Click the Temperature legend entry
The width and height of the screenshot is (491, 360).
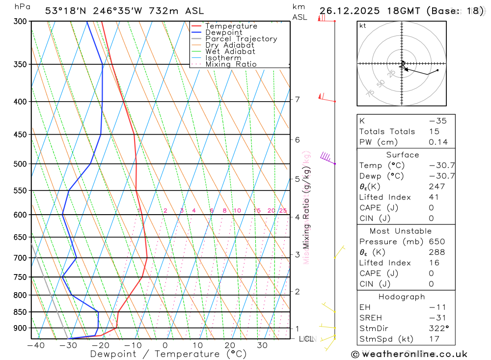tap(231, 26)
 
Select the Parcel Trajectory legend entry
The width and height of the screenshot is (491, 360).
tap(241, 39)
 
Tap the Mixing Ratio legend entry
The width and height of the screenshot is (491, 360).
tap(231, 64)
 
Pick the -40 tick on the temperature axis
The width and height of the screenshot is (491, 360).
tap(35, 346)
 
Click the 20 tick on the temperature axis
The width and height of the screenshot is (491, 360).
tap(230, 346)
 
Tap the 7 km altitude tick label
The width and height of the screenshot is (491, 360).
tap(298, 100)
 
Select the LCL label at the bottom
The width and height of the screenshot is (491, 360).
tap(306, 339)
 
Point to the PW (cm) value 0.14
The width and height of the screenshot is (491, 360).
tap(438, 142)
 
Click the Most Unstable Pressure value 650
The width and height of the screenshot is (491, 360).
tap(436, 242)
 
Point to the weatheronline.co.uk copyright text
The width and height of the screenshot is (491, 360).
tap(409, 354)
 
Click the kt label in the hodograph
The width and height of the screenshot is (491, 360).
tap(363, 26)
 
